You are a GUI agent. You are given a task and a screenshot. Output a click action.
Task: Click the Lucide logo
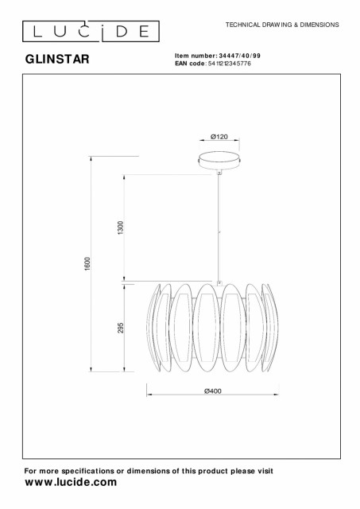click(x=91, y=31)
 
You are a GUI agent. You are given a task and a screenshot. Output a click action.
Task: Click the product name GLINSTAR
click(x=57, y=59)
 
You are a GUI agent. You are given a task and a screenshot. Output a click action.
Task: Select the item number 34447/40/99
click(x=240, y=56)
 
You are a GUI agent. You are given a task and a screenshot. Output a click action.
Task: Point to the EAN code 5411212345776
click(x=230, y=64)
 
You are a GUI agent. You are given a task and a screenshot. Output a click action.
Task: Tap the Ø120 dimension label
click(x=219, y=137)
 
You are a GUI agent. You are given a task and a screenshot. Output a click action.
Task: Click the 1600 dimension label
click(x=87, y=264)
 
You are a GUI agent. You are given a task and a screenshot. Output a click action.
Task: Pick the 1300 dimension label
click(x=121, y=228)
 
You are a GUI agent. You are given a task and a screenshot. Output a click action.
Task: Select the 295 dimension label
click(x=121, y=328)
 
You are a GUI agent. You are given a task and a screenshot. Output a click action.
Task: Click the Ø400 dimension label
click(x=213, y=390)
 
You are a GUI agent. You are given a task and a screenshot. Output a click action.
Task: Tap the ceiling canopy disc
click(x=219, y=161)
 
